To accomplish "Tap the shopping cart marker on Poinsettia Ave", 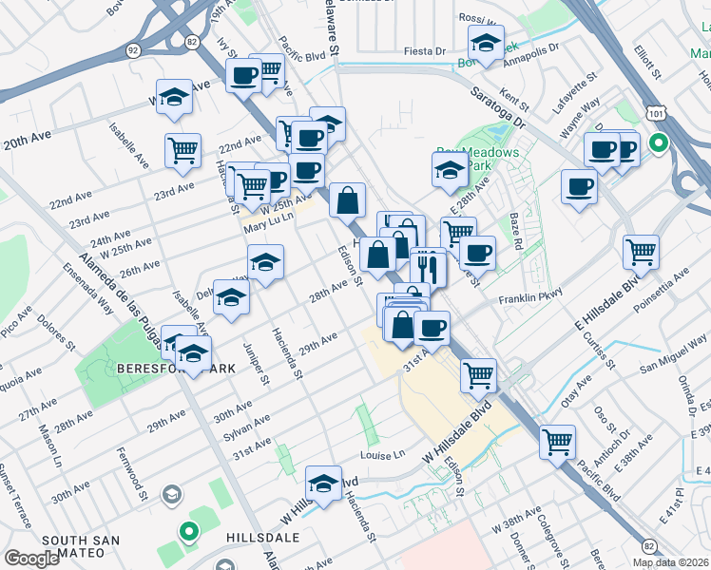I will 642,251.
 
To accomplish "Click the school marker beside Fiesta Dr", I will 486,43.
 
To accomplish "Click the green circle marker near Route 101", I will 658,145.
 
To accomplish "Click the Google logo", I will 31,559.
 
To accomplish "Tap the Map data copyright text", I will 669,562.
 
